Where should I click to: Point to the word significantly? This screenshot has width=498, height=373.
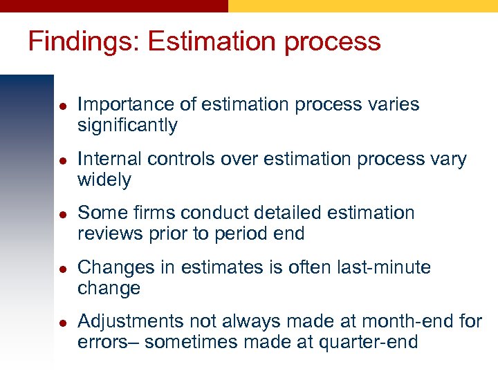click(x=127, y=126)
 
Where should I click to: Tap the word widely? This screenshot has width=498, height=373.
click(x=104, y=180)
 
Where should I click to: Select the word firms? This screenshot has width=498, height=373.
click(x=156, y=213)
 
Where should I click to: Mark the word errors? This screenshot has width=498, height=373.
click(x=104, y=342)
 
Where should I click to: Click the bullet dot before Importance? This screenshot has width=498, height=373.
click(x=62, y=106)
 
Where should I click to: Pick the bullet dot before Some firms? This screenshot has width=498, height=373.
click(x=62, y=213)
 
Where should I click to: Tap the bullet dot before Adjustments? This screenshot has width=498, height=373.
click(x=62, y=322)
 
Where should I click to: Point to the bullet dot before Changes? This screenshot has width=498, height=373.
click(x=62, y=268)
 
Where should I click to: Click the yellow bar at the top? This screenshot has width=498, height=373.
click(x=362, y=6)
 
